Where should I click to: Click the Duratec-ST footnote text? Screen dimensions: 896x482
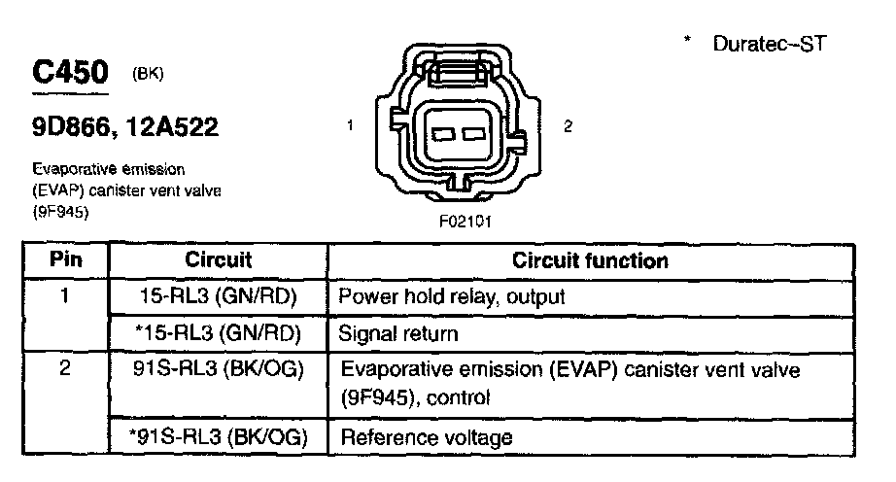point(768,45)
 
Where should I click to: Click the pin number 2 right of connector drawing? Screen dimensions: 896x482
point(568,125)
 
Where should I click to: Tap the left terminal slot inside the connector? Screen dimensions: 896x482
point(442,133)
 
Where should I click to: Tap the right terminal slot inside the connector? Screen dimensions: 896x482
point(473,133)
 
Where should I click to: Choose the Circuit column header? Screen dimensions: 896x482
point(218,260)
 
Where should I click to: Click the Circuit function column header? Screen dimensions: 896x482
point(590,260)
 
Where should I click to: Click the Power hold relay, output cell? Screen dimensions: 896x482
point(451,294)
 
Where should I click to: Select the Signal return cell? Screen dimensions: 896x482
point(397,333)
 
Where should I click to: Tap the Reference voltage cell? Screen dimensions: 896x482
point(425,437)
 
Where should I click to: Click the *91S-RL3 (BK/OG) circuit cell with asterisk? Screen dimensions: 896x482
point(218,437)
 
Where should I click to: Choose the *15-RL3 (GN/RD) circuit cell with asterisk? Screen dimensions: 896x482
point(218,333)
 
